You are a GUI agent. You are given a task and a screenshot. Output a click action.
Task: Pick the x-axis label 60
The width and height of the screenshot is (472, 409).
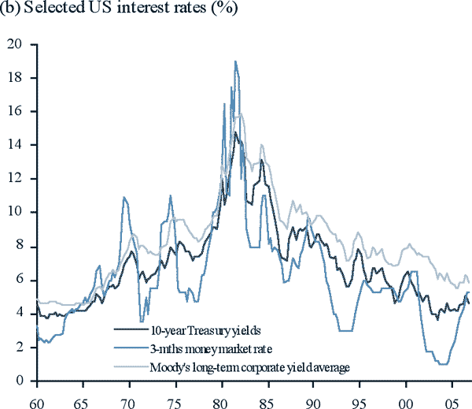pos(37,398)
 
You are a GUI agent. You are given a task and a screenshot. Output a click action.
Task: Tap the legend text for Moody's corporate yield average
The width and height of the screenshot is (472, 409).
pos(248,366)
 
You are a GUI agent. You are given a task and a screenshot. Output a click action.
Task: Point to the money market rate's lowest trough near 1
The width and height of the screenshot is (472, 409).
pos(444,364)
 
